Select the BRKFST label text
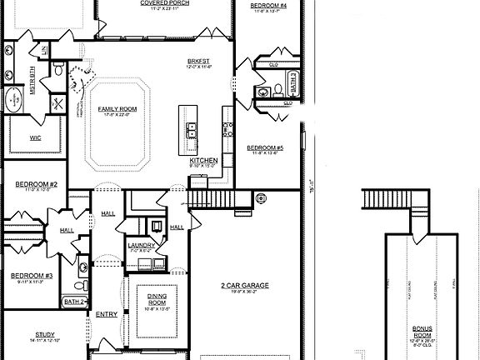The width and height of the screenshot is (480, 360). (x=197, y=62)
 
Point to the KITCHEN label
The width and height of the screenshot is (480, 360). (x=203, y=160)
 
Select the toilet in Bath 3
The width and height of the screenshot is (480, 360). (x=265, y=91)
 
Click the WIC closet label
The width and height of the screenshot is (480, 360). (x=35, y=138)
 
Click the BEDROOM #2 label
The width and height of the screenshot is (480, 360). (x=35, y=184)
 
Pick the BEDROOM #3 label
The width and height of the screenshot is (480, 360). (x=32, y=276)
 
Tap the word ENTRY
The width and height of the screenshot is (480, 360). (x=107, y=314)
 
